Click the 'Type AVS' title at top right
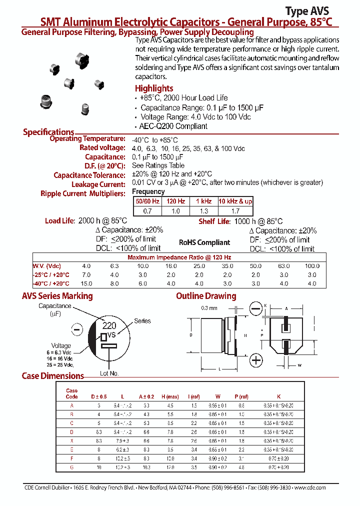306,11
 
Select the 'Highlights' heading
154,88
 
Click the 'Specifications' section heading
48,132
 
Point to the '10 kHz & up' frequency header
235,201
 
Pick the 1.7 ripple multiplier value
235,211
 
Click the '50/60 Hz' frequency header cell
147,201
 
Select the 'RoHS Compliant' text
204,242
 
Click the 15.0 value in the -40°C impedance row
86,283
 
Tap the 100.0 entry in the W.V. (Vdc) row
312,266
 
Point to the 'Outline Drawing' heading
206,296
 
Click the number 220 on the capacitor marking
109,325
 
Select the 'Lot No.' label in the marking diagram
109,373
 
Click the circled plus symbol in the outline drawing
256,360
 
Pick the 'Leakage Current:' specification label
98,184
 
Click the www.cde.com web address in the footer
310,487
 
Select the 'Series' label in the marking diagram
142,321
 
